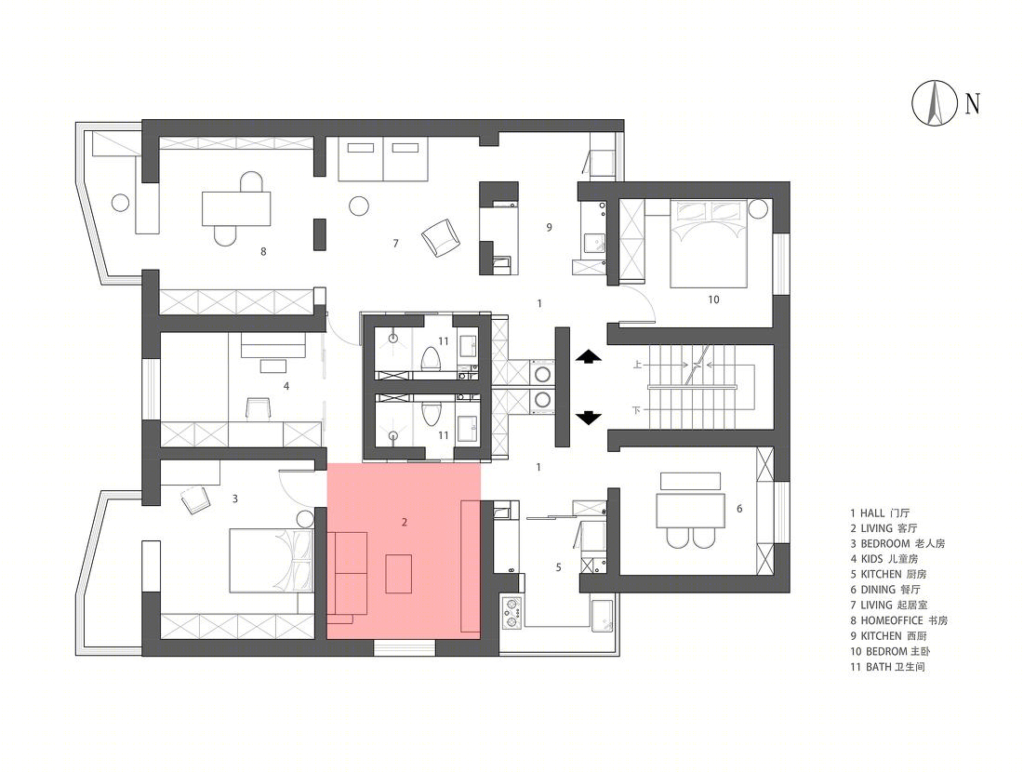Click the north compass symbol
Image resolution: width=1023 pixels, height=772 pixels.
[x=935, y=102]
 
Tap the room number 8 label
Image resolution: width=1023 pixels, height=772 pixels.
[x=263, y=251]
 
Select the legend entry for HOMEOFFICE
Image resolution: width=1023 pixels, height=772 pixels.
[x=898, y=620]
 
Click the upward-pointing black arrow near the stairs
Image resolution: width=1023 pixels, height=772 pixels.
[x=588, y=356]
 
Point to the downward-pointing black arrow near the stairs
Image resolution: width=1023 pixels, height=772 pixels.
[x=588, y=418]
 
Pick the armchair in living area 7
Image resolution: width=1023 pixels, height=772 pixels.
[x=441, y=237]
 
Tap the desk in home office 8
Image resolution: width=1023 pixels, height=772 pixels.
[x=236, y=208]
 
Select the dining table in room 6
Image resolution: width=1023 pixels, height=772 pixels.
[x=691, y=511]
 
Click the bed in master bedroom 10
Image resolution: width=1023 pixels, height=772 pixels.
[x=709, y=244]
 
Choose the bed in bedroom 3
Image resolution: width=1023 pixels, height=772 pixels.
[x=272, y=561]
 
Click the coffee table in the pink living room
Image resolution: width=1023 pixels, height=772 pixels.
[x=399, y=573]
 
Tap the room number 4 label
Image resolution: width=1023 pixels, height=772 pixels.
[x=286, y=386]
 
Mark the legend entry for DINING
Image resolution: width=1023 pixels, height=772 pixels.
[x=884, y=590]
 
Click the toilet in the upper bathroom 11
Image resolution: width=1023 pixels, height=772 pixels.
[x=430, y=360]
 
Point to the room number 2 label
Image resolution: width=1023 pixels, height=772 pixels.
[x=405, y=522]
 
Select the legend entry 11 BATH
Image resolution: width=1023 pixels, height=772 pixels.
[x=887, y=666]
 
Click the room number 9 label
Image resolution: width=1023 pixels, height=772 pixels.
[x=550, y=227]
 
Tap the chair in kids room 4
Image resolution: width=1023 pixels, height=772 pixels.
[x=259, y=406]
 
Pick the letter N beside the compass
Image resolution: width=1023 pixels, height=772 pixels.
[x=972, y=103]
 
